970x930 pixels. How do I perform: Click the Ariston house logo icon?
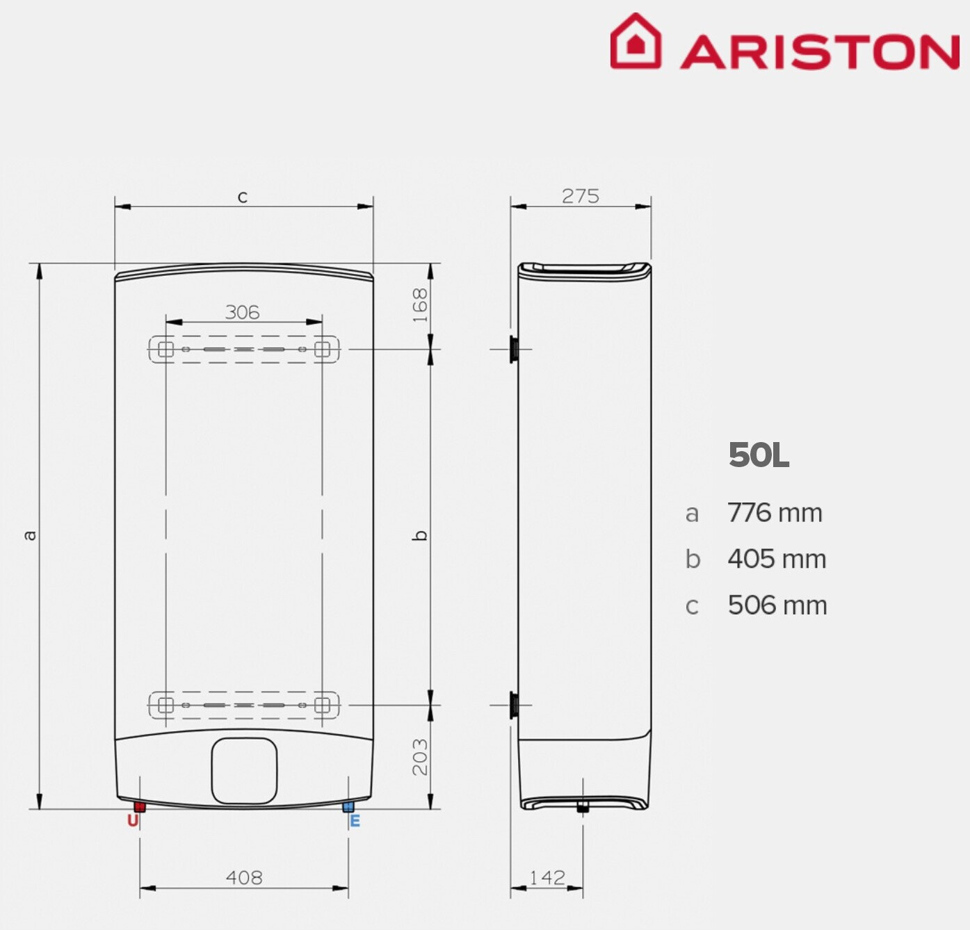[x=636, y=41]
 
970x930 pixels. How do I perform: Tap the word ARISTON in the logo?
[x=820, y=52]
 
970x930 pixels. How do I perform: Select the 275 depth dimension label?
[x=580, y=196]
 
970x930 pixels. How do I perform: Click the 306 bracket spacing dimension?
[x=242, y=312]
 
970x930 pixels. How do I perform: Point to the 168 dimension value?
[x=420, y=304]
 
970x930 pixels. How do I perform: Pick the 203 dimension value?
[x=420, y=757]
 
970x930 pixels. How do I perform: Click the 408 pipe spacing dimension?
[x=244, y=877]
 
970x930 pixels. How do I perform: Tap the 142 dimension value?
[x=547, y=877]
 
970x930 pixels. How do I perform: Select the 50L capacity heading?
[x=759, y=455]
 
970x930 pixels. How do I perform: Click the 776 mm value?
[x=775, y=513]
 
